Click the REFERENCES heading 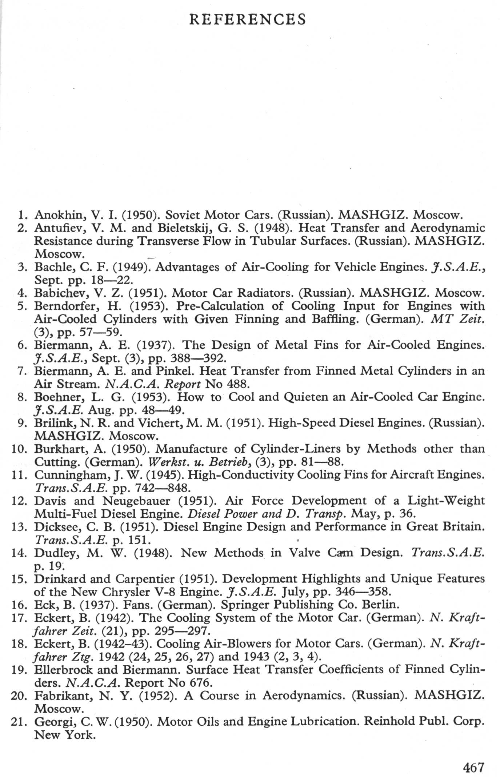click(248, 19)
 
